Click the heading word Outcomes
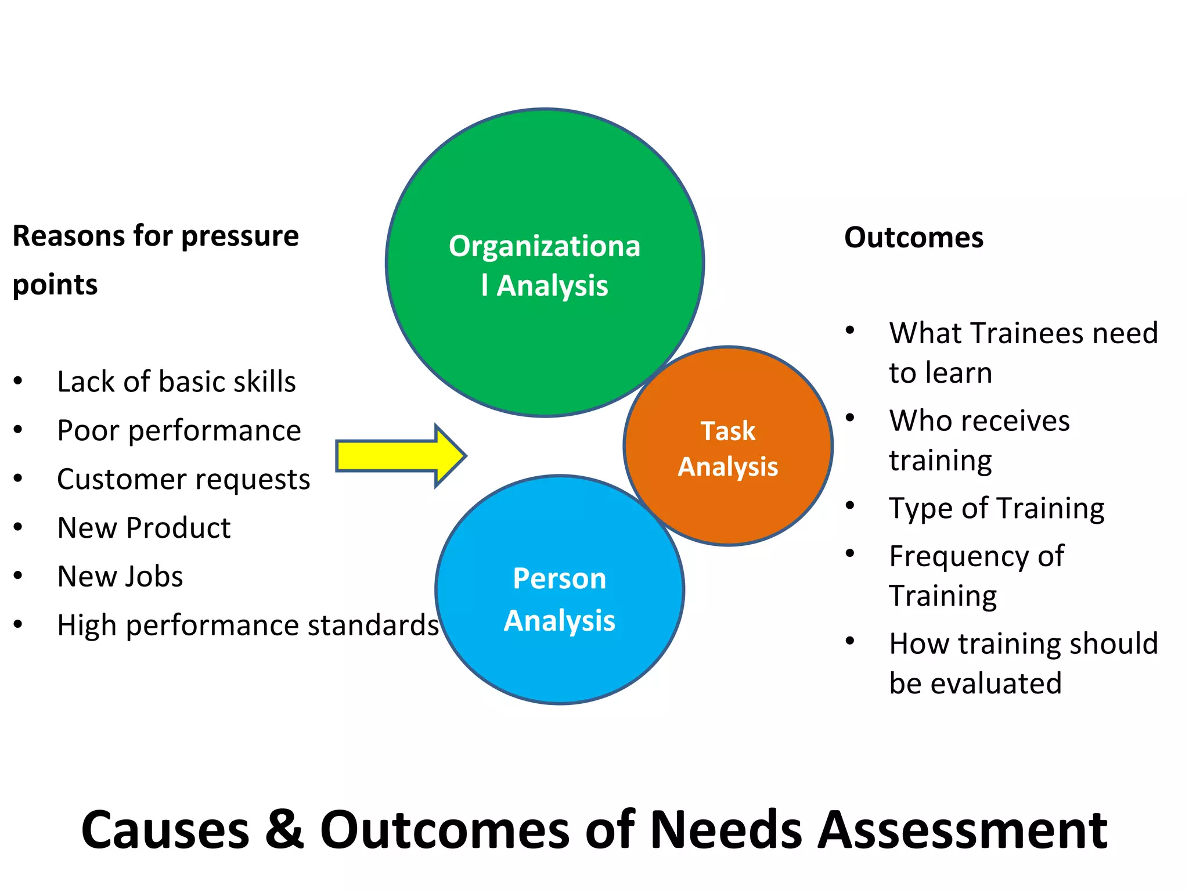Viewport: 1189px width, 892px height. pyautogui.click(x=914, y=238)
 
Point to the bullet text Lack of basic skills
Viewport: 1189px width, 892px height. pyautogui.click(x=176, y=382)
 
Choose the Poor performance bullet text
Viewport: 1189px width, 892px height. pyautogui.click(x=179, y=430)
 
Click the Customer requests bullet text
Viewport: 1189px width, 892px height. pyautogui.click(x=183, y=479)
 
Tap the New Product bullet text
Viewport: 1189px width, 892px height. pyautogui.click(x=144, y=528)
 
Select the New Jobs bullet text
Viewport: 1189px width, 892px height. pyautogui.click(x=120, y=577)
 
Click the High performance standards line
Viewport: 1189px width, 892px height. pyautogui.click(x=248, y=625)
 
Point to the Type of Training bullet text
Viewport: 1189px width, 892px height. pyautogui.click(x=997, y=508)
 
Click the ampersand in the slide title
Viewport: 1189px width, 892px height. pyautogui.click(x=284, y=829)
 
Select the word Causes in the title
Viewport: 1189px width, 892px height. pyautogui.click(x=165, y=829)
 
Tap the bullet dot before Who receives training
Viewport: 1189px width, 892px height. pyautogui.click(x=851, y=418)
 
